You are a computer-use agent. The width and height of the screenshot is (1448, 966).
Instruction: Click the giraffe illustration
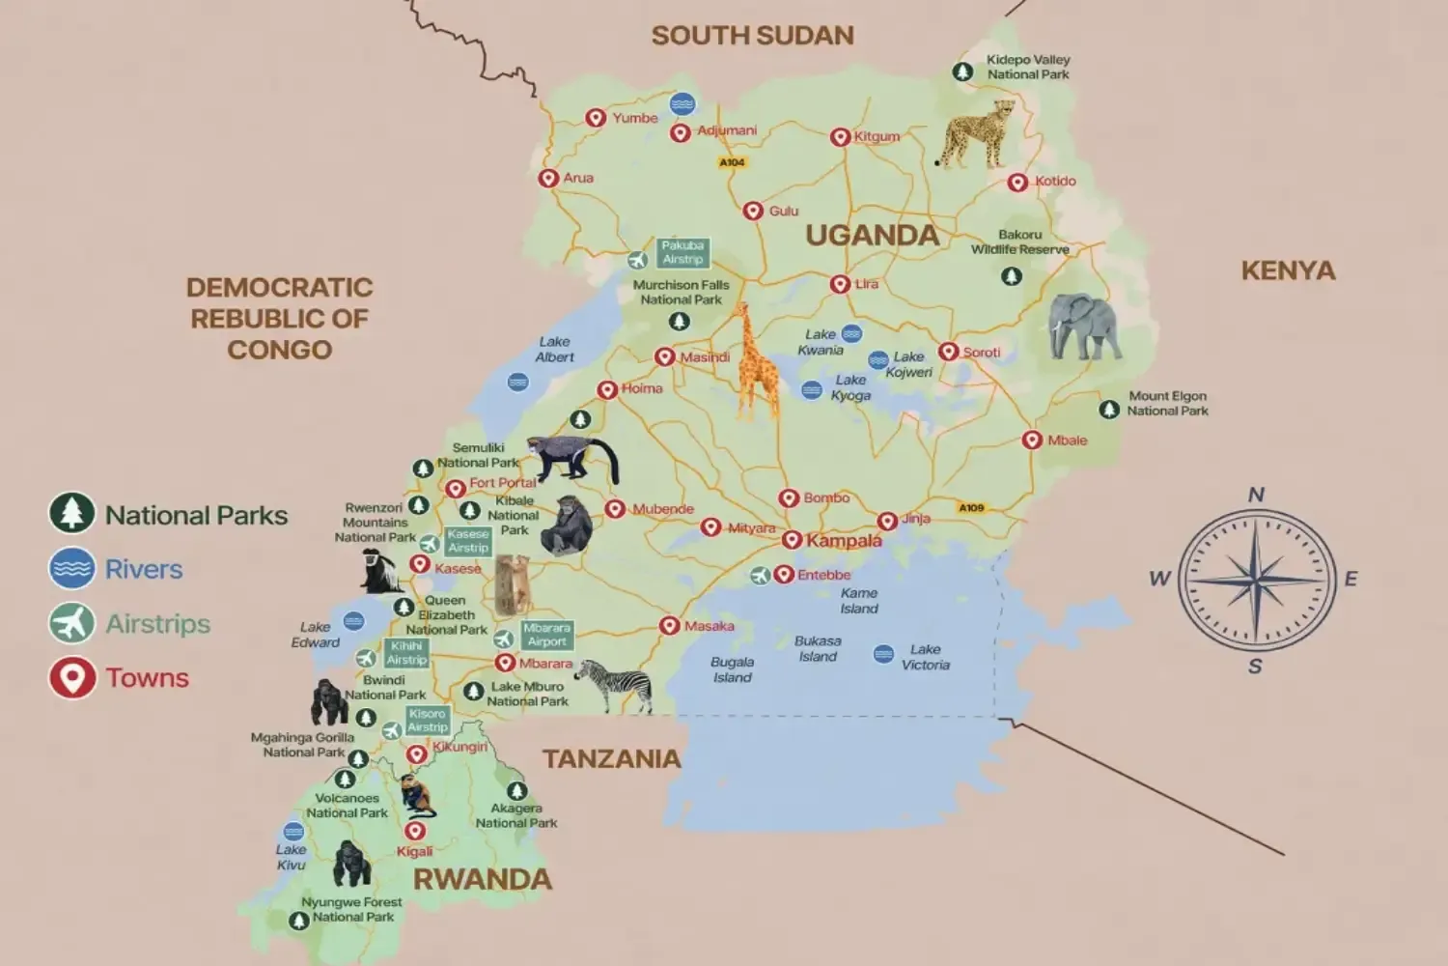tap(756, 362)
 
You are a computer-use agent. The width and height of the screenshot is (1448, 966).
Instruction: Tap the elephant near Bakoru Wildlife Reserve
tap(1084, 327)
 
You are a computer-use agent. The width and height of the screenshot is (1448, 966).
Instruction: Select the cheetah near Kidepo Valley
tap(976, 134)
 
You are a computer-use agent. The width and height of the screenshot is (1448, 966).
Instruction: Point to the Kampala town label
tap(844, 541)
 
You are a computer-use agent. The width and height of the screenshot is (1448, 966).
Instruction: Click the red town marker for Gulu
tap(753, 212)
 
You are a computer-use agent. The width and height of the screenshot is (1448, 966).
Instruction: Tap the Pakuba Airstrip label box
tap(682, 252)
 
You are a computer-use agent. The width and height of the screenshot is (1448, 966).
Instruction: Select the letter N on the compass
tap(1256, 495)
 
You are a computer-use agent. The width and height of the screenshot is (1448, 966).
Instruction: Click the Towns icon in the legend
tap(72, 678)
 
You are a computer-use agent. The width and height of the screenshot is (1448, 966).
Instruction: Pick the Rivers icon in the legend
tap(72, 569)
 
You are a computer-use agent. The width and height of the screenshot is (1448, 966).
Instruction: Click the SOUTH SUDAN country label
tap(752, 36)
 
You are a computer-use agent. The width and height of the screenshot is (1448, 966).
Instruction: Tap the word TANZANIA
tap(611, 759)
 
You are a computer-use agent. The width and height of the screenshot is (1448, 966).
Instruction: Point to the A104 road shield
tap(732, 162)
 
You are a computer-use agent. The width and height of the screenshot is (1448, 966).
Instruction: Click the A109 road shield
tap(971, 507)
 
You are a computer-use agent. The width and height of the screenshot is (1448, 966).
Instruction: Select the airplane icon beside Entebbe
tap(761, 576)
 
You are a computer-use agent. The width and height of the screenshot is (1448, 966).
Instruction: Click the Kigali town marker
tap(415, 831)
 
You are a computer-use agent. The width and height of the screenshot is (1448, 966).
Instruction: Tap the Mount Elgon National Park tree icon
tap(1109, 410)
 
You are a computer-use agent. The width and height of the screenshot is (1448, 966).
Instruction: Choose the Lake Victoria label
tap(925, 657)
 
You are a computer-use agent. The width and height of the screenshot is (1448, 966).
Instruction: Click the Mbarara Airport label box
tap(547, 635)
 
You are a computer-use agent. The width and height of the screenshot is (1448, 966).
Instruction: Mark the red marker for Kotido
tap(1017, 183)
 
